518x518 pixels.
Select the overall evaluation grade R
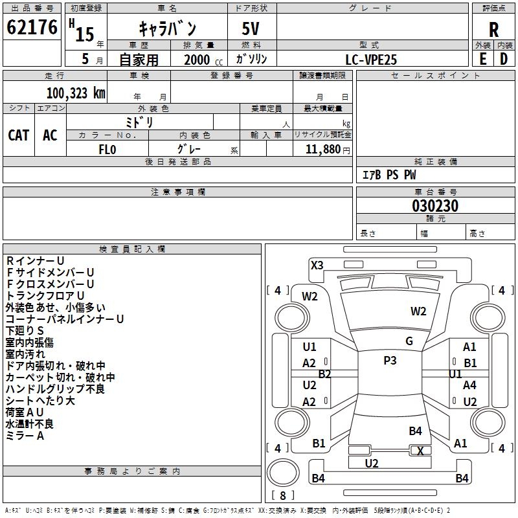point(493,30)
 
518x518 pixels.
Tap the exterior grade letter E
point(482,58)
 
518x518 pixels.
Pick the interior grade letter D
point(504,58)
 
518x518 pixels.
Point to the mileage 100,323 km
point(76,93)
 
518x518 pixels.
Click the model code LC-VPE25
point(372,60)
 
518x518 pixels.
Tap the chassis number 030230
point(435,206)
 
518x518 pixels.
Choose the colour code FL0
point(107,150)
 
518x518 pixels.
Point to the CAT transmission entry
point(18,135)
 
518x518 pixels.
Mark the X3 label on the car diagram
point(317,265)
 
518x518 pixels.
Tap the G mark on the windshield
point(409,341)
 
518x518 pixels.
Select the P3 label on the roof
point(390,361)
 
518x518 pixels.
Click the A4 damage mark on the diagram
point(469,385)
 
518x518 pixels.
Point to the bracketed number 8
point(282,495)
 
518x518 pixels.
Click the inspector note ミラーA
point(25,436)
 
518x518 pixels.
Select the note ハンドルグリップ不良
point(55,389)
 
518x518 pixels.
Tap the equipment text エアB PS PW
point(388,175)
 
